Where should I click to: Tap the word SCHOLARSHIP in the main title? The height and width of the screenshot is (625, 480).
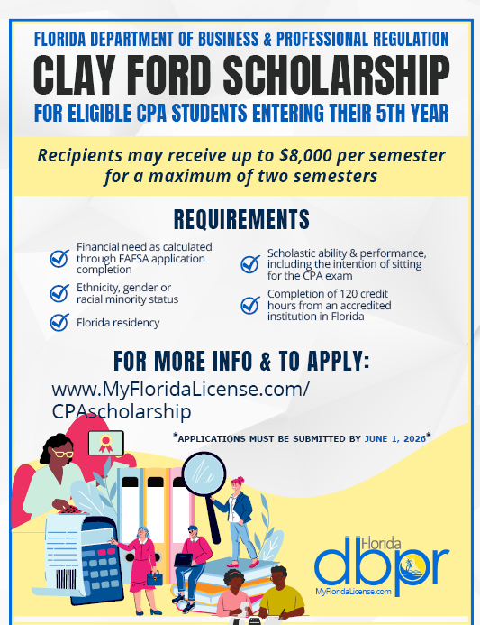pos(342,75)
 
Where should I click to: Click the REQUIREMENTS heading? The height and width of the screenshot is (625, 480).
pos(240,219)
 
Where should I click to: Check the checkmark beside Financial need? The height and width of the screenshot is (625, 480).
pos(59,259)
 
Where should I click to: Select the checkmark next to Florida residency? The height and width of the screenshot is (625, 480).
pos(59,322)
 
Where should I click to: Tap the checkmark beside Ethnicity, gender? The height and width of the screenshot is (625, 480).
pos(59,292)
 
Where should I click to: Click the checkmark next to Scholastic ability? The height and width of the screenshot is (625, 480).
pos(250,263)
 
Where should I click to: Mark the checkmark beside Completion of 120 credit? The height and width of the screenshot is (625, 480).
pos(250,305)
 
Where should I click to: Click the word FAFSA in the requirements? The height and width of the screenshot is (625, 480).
pos(149,258)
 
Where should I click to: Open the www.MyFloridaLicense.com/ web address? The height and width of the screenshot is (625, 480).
pos(181,389)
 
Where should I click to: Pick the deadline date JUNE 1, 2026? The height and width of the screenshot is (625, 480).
pos(394,438)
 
